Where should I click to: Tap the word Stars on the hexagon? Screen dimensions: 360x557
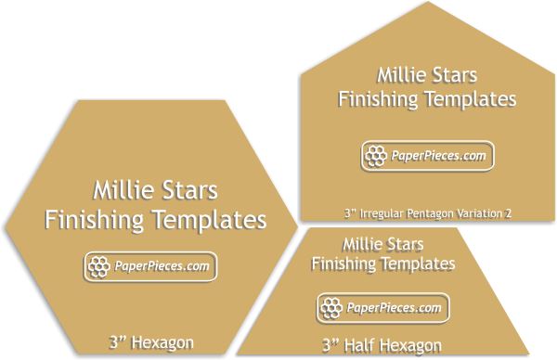(191, 192)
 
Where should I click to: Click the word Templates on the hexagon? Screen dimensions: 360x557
(209, 221)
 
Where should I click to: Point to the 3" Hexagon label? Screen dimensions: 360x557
(149, 341)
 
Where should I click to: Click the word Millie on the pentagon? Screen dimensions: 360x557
(405, 74)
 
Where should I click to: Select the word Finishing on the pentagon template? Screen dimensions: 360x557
(377, 97)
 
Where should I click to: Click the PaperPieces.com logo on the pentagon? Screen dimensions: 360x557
(427, 156)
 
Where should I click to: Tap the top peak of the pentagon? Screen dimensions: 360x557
(427, 5)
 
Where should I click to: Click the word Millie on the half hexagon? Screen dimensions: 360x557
(362, 245)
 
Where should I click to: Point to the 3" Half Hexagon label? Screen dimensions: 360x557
(382, 345)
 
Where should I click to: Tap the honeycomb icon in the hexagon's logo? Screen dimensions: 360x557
(98, 267)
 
